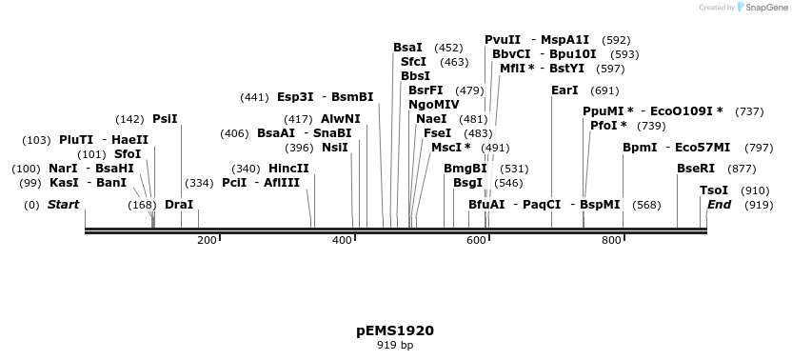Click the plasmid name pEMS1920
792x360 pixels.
click(x=395, y=331)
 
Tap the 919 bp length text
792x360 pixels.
click(x=395, y=346)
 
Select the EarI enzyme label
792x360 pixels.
click(x=564, y=90)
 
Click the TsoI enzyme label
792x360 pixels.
click(x=714, y=190)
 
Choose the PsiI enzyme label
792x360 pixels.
click(x=165, y=119)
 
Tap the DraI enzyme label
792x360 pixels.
click(x=179, y=205)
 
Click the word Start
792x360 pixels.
click(x=64, y=205)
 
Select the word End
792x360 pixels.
click(x=719, y=205)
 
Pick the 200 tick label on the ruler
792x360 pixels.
click(x=207, y=241)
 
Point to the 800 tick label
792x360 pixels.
click(x=611, y=241)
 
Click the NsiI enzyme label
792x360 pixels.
click(x=335, y=148)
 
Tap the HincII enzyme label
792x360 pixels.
click(x=288, y=169)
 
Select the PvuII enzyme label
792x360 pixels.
click(x=503, y=40)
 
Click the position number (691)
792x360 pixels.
click(x=604, y=90)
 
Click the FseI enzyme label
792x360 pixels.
click(x=437, y=133)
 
